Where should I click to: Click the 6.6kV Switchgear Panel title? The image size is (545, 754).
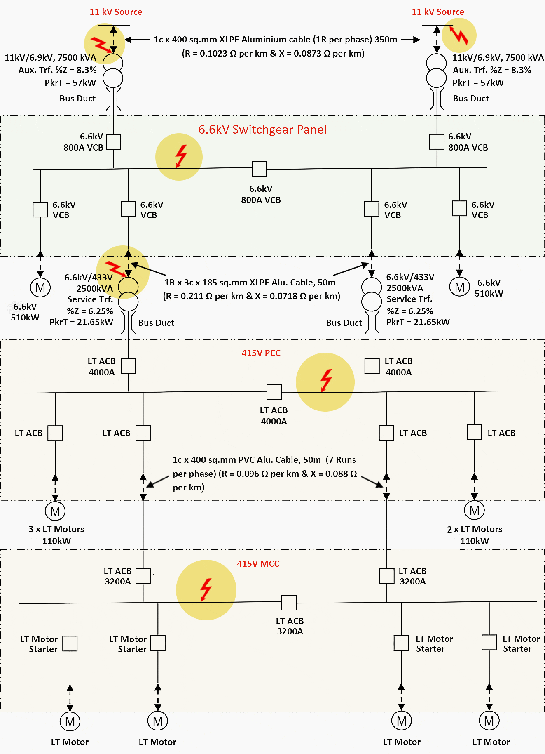262,130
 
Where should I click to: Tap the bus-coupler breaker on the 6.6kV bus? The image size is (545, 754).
259,168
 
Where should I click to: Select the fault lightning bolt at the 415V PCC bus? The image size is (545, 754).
326,380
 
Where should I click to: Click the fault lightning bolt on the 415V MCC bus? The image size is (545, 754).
206,589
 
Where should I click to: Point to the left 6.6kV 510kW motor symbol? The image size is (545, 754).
40,287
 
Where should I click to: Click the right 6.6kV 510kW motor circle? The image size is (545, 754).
459,287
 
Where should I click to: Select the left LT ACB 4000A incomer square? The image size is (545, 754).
129,366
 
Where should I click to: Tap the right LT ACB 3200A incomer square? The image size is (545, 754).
387,576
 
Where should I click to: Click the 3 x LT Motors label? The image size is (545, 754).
56,529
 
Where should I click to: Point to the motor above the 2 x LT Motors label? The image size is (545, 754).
474,511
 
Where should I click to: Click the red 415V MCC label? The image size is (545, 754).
258,564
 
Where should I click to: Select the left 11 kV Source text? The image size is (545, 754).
116,12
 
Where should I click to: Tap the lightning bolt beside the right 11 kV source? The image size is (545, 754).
458,35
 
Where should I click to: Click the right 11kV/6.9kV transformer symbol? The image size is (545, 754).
436,71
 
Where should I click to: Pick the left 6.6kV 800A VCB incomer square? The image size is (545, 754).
114,142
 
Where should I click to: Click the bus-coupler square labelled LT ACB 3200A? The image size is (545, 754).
289,603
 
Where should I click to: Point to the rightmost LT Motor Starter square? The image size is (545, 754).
489,643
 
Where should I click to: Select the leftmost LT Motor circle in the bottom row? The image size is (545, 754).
70,721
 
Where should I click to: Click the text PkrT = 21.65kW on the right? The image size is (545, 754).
418,322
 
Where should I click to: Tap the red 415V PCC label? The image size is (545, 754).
261,353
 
